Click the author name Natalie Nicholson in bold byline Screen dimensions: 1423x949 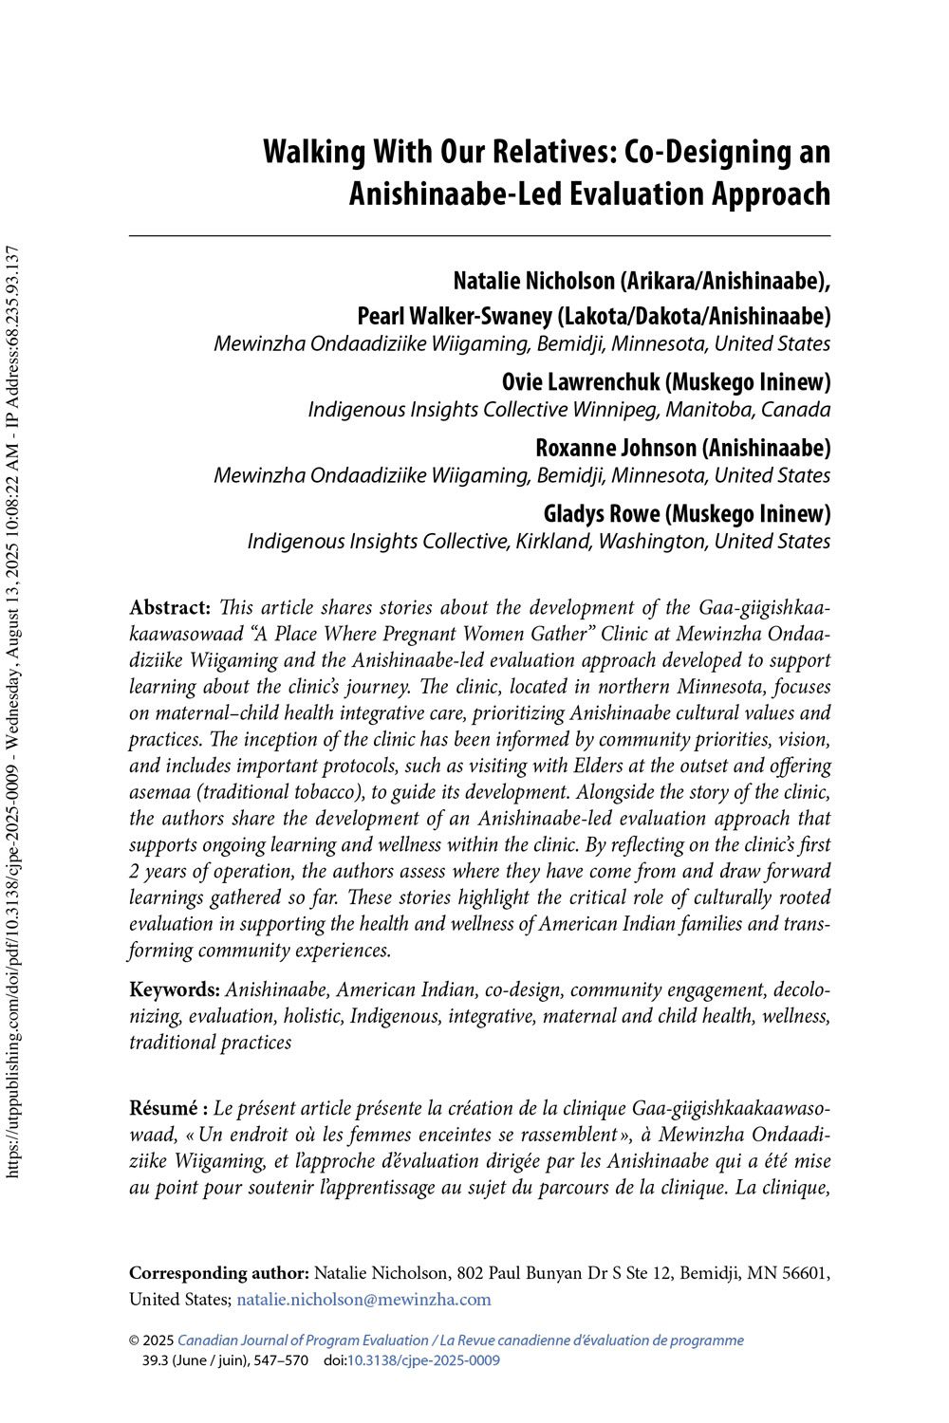point(533,281)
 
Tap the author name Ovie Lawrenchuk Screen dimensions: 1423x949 point(580,381)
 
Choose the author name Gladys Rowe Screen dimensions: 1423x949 point(602,513)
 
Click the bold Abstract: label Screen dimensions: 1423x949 point(170,607)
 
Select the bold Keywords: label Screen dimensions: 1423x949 point(175,990)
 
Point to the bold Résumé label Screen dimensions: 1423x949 point(163,1108)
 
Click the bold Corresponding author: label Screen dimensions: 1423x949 point(219,1273)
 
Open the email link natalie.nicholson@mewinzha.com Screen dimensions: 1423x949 point(363,1300)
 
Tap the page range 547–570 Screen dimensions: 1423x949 point(274,1360)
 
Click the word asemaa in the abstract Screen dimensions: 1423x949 point(157,792)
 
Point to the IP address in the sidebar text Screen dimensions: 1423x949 point(12,333)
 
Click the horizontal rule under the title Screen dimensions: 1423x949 point(479,235)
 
